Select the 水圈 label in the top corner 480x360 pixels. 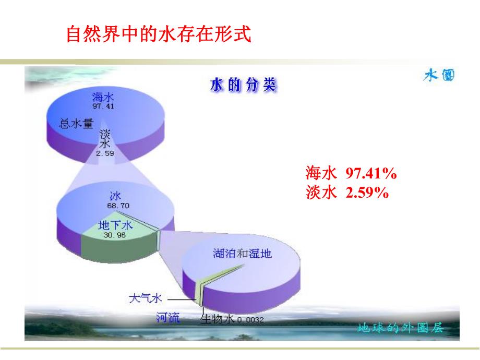(x=438, y=76)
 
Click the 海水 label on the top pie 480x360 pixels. (x=103, y=97)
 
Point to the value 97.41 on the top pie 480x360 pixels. (x=103, y=106)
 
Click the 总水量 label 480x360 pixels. (x=76, y=124)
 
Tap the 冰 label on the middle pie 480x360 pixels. (x=115, y=196)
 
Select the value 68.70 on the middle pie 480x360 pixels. (x=118, y=206)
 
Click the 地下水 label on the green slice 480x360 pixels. (x=115, y=225)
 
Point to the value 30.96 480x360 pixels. (x=115, y=235)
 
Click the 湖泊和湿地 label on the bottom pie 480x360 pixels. (x=243, y=254)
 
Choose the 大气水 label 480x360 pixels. (x=146, y=298)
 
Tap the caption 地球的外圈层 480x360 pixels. (x=400, y=328)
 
